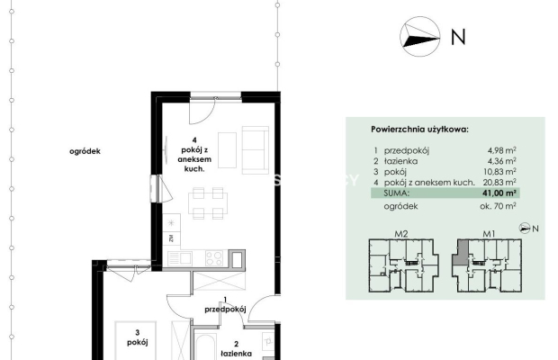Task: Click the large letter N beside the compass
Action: pos(458,37)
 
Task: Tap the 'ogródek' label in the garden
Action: pos(85,151)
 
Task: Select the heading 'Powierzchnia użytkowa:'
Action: pos(420,129)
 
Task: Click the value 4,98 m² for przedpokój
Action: pos(502,150)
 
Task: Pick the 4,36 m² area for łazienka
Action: pos(502,161)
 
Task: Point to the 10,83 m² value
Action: pos(500,172)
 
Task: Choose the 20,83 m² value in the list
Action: pos(500,183)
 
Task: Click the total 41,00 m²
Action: pos(500,193)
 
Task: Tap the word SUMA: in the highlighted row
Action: pos(396,193)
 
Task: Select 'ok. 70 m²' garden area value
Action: pos(499,206)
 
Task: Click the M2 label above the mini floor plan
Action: pos(401,234)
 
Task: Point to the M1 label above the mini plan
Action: pos(489,234)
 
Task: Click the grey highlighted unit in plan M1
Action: pos(462,252)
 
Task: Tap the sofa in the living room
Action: pos(256,150)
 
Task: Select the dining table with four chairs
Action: pos(208,203)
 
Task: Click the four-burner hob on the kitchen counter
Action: pos(214,258)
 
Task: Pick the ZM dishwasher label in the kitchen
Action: pos(171,238)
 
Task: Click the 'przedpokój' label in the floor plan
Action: pos(225,309)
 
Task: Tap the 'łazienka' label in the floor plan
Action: pos(237,354)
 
